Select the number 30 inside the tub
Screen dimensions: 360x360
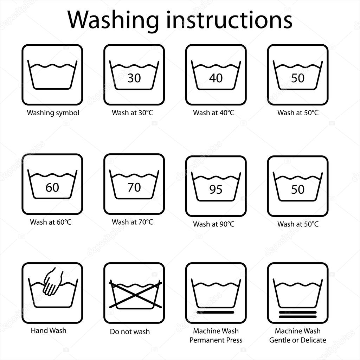134,78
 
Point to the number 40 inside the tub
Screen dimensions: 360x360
216,78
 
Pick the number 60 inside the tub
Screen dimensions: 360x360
52,187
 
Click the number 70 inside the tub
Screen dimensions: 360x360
134,187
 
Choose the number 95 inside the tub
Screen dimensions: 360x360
216,189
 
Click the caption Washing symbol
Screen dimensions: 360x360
53,113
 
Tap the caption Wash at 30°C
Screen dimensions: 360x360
133,113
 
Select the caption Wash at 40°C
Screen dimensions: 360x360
213,113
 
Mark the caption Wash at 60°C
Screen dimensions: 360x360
51,222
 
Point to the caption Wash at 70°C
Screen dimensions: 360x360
133,222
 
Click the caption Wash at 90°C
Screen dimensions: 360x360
213,224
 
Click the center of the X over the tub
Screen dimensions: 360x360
135,295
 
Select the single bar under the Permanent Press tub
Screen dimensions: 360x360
216,312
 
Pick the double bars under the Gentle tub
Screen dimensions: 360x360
298,314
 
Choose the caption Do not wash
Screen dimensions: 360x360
130,332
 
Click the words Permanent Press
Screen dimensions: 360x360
216,340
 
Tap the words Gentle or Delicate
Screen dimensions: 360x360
298,340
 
